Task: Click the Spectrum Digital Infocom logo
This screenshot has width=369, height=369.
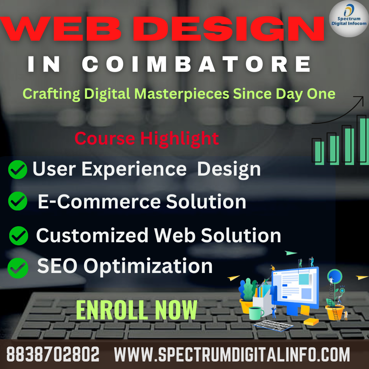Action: pyautogui.click(x=348, y=19)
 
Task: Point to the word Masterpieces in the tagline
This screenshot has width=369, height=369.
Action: pyautogui.click(x=181, y=93)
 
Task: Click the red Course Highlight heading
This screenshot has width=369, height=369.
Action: pyautogui.click(x=147, y=138)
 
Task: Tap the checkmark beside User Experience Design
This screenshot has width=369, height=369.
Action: pyautogui.click(x=17, y=169)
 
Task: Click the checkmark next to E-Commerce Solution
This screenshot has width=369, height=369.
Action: pyautogui.click(x=17, y=201)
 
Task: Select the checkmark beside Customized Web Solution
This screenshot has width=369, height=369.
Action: pyautogui.click(x=18, y=235)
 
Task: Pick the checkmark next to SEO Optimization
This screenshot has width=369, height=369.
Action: pyautogui.click(x=17, y=268)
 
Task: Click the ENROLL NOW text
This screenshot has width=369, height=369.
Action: pyautogui.click(x=136, y=310)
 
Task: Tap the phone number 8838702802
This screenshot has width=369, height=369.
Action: pyautogui.click(x=53, y=354)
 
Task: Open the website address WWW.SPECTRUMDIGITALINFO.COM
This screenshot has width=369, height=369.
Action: pyautogui.click(x=232, y=354)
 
